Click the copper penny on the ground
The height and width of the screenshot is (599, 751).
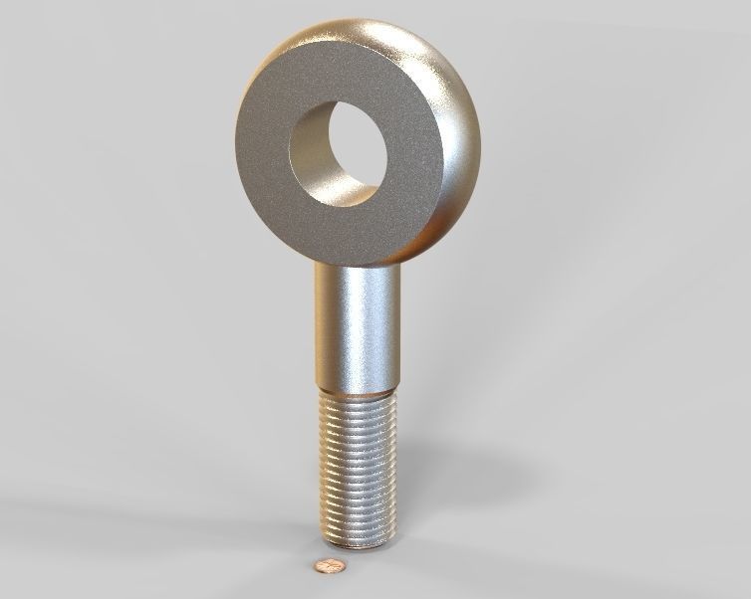tap(329, 566)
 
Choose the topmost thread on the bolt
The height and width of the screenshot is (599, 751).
tap(360, 399)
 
